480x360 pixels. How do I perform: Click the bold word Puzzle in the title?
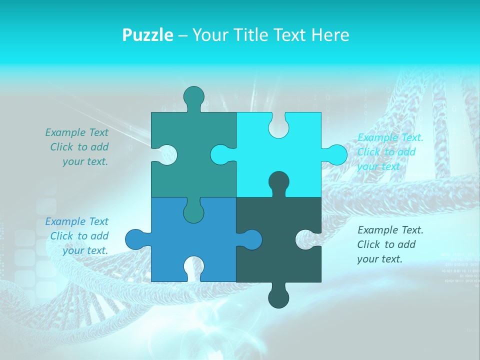(148, 35)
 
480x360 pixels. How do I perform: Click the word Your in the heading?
(210, 35)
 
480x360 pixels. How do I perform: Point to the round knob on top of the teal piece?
(194, 96)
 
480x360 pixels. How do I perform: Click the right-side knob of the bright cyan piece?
(336, 154)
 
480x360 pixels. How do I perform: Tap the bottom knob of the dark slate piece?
(278, 298)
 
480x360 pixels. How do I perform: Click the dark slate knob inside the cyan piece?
(278, 181)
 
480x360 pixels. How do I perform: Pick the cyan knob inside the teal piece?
(220, 154)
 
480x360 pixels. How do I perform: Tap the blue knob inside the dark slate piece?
(251, 239)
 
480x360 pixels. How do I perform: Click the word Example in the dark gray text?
(377, 230)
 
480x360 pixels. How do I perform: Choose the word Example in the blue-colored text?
(65, 221)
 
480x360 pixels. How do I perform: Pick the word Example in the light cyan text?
(377, 137)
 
